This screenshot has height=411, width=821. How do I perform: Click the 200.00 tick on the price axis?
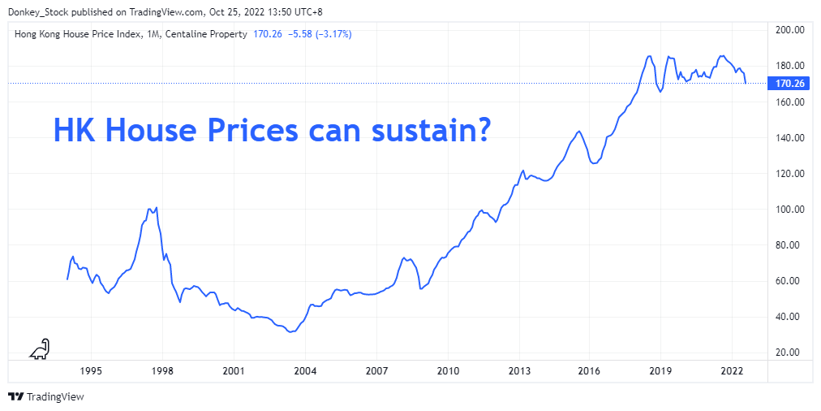point(789,30)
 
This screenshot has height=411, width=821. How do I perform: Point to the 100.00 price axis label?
point(789,210)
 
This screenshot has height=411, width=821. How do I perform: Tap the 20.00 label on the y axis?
point(789,353)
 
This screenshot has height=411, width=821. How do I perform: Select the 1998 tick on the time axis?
point(161,371)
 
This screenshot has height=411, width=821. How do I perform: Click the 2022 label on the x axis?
point(732,371)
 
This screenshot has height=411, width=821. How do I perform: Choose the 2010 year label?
point(447,371)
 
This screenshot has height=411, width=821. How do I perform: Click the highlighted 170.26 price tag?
point(789,84)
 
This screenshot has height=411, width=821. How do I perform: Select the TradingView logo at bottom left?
point(46,397)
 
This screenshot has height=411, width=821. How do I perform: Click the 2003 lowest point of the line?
point(290,332)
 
